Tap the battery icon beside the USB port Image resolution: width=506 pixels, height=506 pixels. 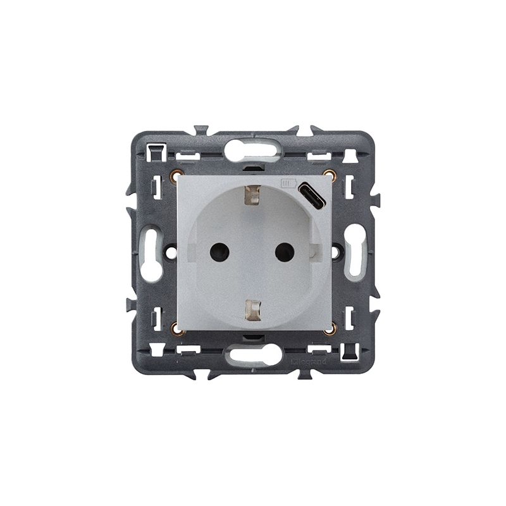(288, 184)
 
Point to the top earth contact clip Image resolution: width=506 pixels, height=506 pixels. (252, 195)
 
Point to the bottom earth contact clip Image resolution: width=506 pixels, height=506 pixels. (252, 308)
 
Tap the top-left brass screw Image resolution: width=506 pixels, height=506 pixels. (176, 176)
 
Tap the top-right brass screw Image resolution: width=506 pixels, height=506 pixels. (328, 175)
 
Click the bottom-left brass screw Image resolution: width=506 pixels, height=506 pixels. (176, 328)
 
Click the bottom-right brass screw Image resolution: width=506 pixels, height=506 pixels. (329, 328)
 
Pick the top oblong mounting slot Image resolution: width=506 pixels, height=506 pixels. (252, 151)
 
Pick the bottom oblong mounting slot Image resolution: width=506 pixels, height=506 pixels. (254, 355)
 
